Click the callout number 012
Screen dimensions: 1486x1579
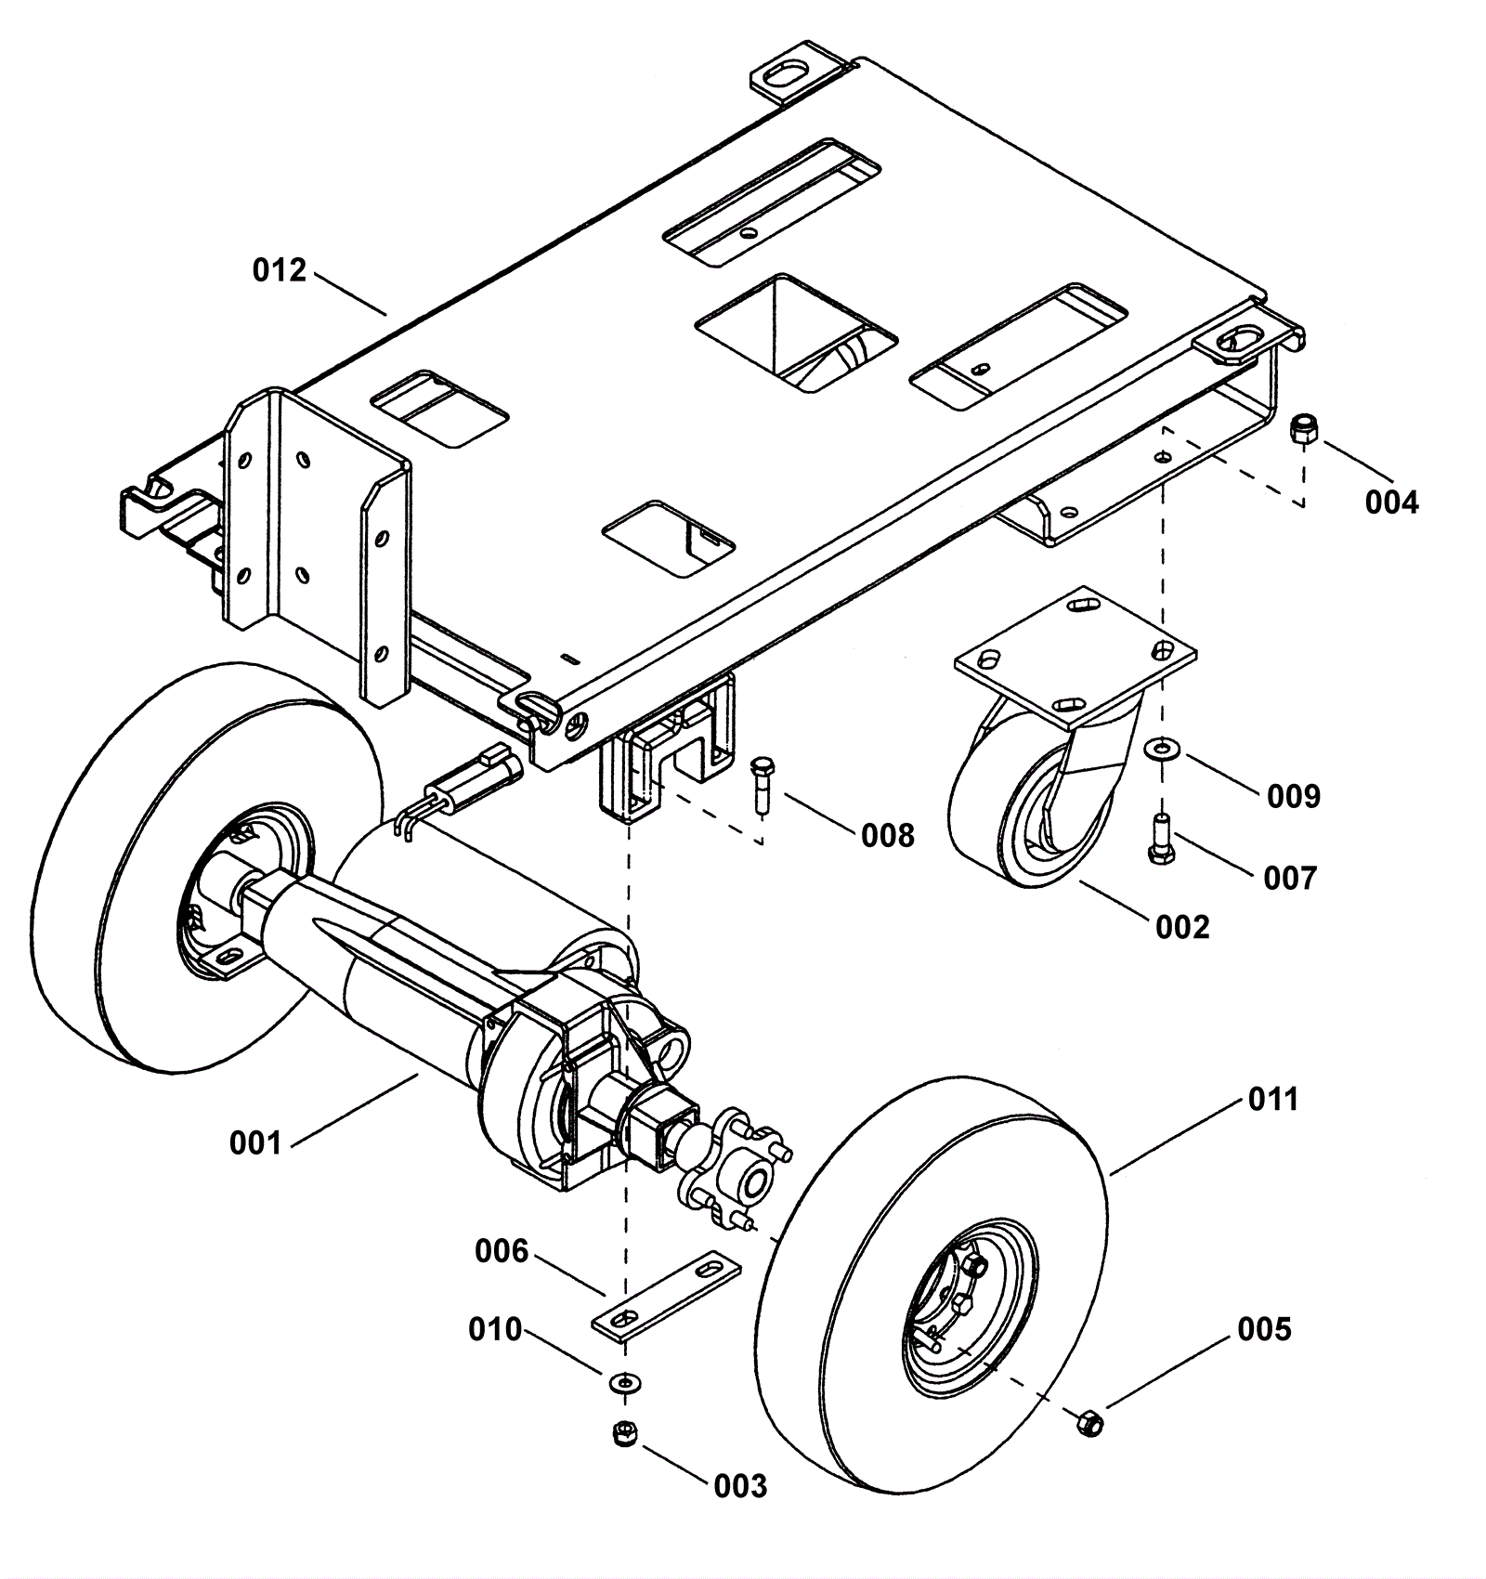pos(280,270)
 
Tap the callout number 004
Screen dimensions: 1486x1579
pos(1391,502)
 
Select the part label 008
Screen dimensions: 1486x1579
pos(888,836)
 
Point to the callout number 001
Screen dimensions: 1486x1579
pos(255,1142)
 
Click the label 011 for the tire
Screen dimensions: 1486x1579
pos(1272,1099)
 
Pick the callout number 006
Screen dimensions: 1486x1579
pos(502,1251)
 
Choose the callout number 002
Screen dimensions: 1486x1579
pos(1182,927)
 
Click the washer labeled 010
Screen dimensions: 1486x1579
pos(624,1383)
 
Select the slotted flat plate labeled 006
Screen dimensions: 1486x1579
pos(667,1298)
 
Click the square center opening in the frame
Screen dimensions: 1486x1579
pos(796,332)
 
